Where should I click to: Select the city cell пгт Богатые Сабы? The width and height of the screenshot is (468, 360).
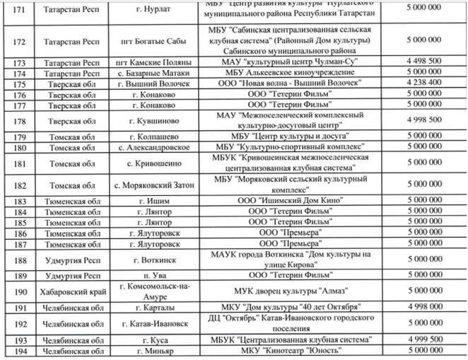[156, 40]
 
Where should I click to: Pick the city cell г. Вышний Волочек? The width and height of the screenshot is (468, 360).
[156, 83]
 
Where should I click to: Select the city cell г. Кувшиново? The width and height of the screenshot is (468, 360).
[156, 120]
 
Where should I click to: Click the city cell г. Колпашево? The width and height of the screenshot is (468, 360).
[156, 136]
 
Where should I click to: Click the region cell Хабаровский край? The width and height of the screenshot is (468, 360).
[69, 290]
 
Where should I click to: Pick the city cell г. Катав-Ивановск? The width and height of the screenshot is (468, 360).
[156, 324]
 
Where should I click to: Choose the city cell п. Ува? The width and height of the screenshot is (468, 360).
[156, 274]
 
